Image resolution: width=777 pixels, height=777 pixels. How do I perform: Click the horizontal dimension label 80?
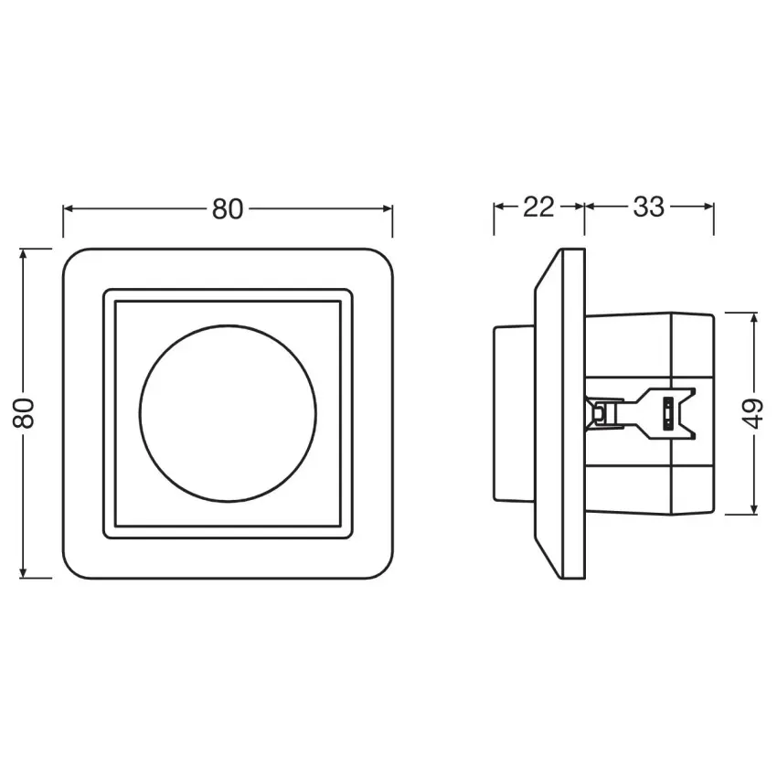point(228,209)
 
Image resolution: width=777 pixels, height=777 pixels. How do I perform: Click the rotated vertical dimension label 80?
point(25,413)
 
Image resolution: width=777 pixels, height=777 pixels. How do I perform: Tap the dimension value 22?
point(538,208)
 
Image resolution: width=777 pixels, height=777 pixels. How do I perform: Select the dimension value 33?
point(648,208)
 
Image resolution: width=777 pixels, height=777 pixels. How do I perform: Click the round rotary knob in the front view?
point(228,413)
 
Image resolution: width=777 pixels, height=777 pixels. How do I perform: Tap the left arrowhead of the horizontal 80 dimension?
point(69,209)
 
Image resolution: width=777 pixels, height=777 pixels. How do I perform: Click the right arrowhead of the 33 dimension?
point(708,208)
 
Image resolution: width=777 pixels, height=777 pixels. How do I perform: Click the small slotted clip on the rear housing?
point(668,412)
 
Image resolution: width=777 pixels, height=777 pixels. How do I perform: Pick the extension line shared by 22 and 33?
point(584,219)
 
